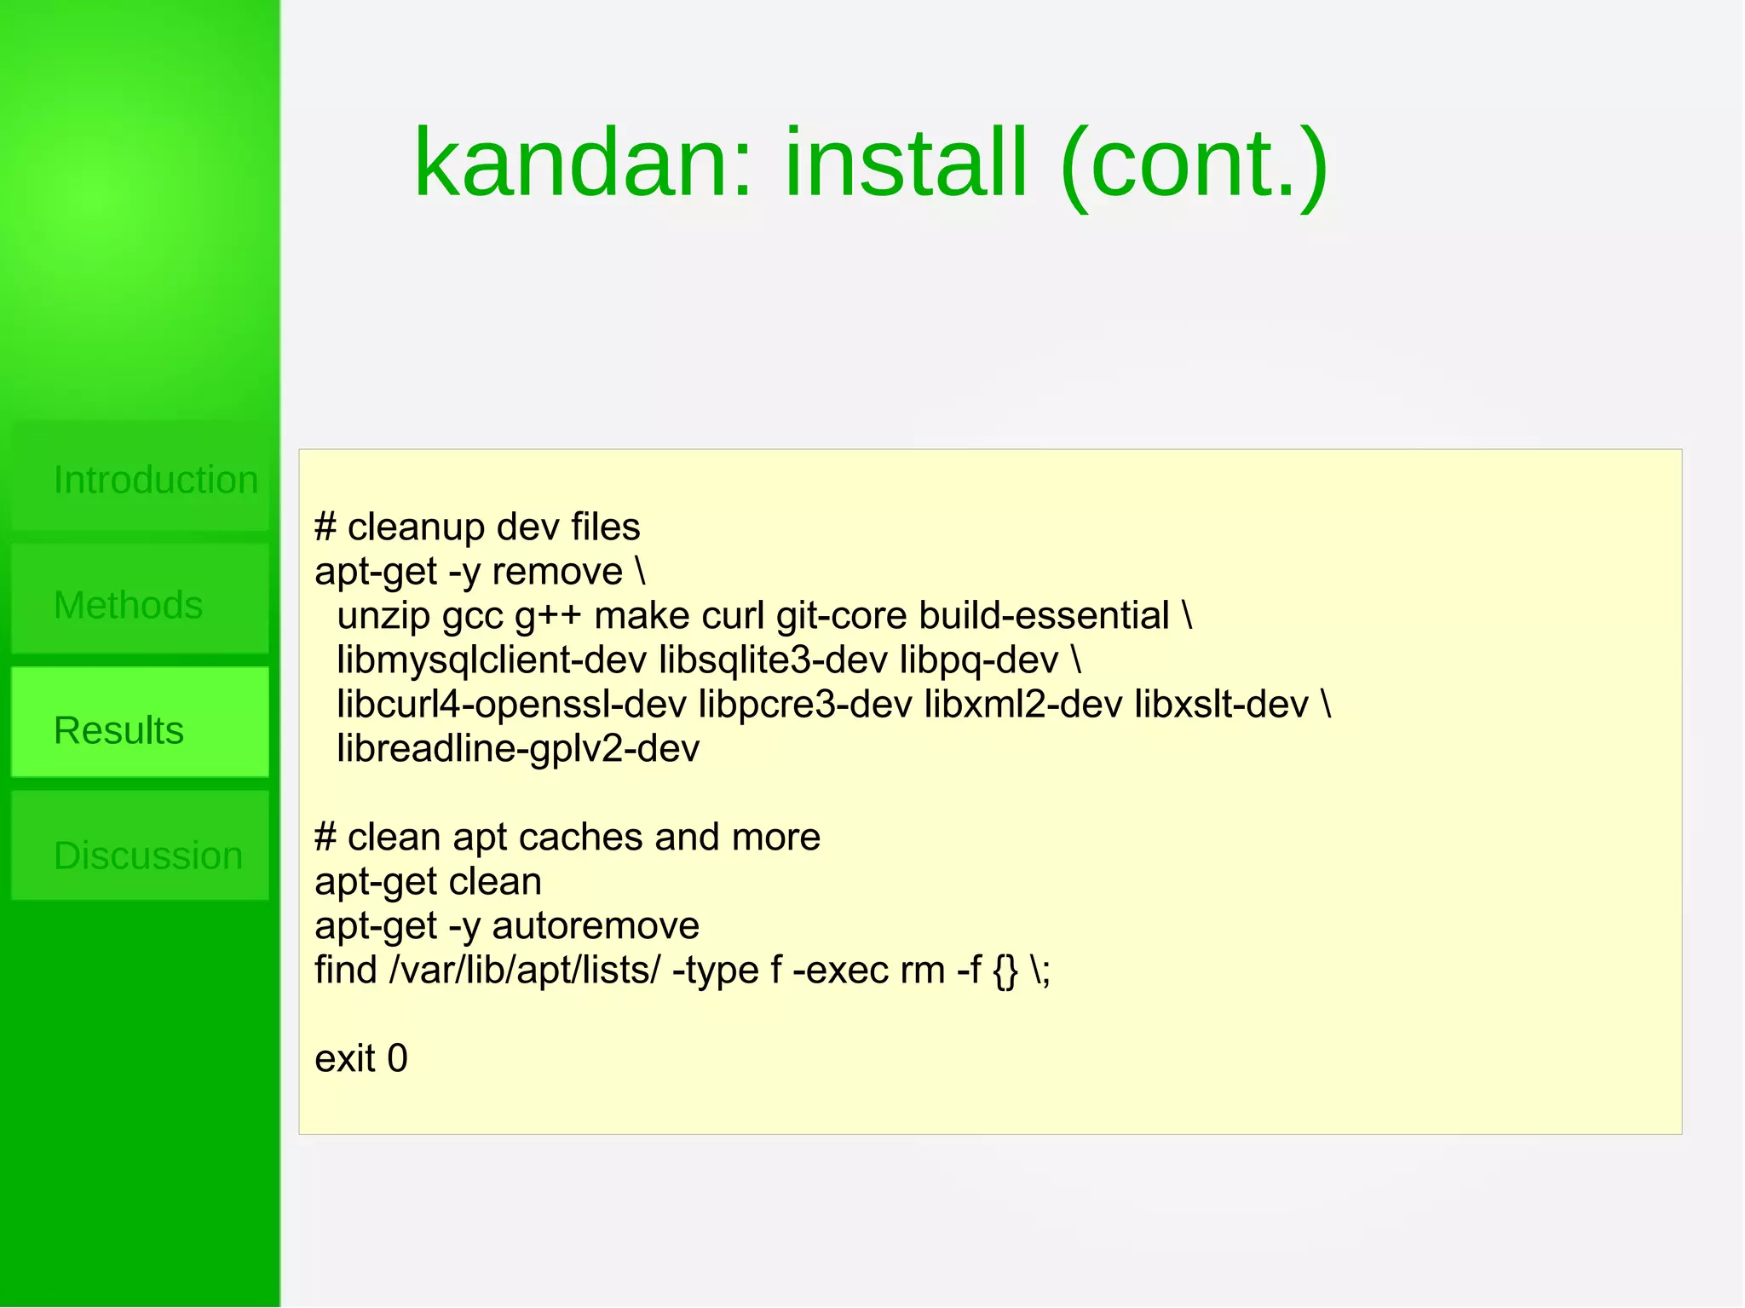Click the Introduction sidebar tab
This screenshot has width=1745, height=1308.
click(155, 480)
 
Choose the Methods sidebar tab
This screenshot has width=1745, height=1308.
click(128, 605)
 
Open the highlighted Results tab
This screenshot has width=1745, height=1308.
click(119, 730)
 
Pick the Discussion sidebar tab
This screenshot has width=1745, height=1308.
click(148, 856)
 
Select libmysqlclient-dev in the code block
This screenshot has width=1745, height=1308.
click(492, 660)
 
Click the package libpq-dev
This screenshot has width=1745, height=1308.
click(978, 660)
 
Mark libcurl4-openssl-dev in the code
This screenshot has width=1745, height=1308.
click(511, 705)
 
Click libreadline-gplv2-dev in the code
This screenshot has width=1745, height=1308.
click(518, 749)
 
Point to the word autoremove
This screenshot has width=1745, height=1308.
click(596, 926)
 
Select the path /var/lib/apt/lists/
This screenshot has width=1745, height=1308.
click(524, 971)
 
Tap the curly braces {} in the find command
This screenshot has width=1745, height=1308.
click(1005, 971)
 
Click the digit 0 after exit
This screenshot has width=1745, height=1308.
click(397, 1059)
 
